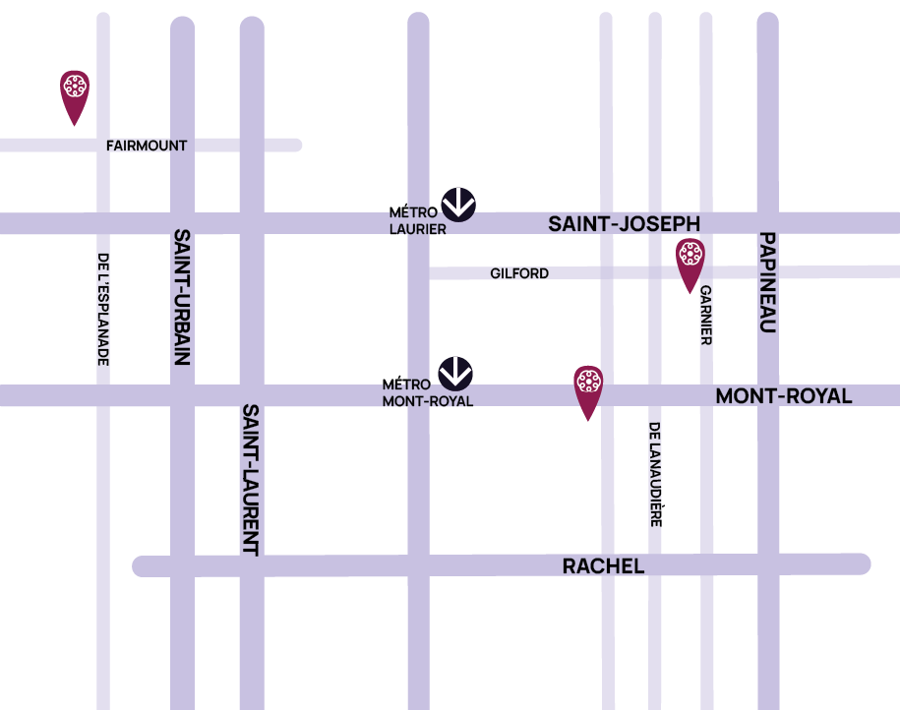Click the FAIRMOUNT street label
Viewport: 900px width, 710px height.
(147, 146)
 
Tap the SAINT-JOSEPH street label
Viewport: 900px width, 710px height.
(624, 225)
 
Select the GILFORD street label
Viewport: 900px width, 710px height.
(519, 273)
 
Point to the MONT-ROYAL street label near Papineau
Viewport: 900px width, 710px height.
(783, 396)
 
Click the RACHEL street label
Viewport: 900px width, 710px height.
(603, 566)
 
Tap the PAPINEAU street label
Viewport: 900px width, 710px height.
(768, 282)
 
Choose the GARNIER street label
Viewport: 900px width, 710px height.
(705, 315)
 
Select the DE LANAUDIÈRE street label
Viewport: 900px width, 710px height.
(655, 474)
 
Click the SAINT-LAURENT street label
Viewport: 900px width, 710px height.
(251, 480)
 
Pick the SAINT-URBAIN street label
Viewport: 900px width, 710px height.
(182, 297)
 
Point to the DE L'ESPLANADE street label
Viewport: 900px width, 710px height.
(103, 310)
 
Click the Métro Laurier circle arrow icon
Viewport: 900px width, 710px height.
(458, 204)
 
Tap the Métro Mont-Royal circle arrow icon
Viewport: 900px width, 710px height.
(455, 373)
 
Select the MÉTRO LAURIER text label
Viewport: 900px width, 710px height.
(417, 221)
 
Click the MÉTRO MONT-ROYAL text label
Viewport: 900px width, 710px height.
(427, 393)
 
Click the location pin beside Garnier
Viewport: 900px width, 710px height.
(690, 261)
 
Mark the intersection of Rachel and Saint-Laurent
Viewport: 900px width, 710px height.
(252, 565)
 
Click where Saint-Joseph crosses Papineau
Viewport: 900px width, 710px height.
(768, 223)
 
